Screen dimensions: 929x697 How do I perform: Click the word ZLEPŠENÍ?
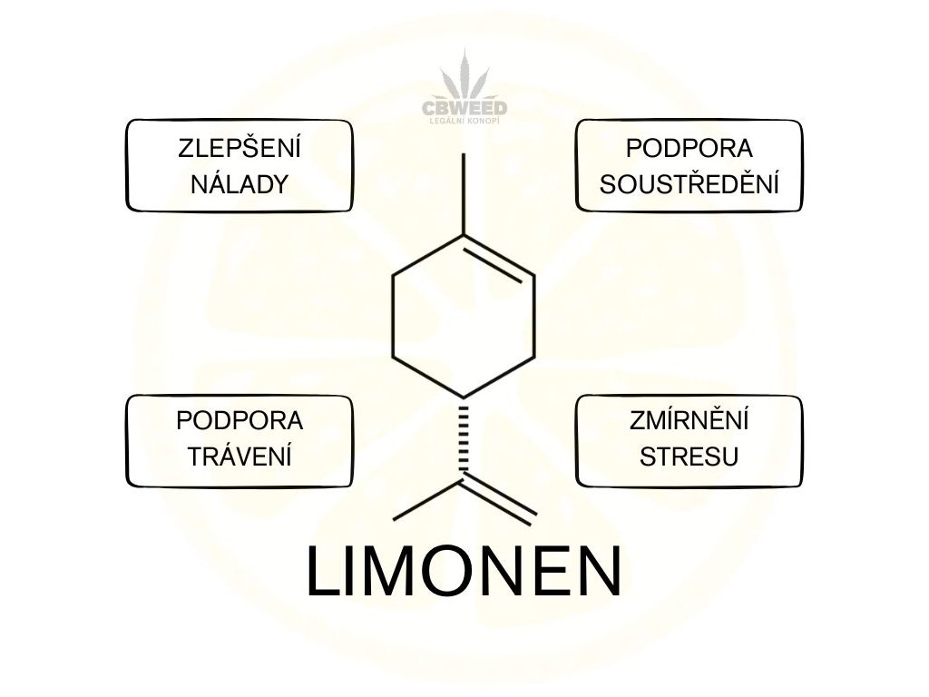pyautogui.click(x=240, y=148)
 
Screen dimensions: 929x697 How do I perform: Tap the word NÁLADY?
pyautogui.click(x=240, y=184)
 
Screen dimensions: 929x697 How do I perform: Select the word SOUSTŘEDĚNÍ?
pyautogui.click(x=690, y=184)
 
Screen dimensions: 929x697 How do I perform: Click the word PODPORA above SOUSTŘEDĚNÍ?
pyautogui.click(x=690, y=148)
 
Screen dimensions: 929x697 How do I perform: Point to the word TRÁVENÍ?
pyautogui.click(x=240, y=456)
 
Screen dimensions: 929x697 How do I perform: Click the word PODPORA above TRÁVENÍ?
pyautogui.click(x=240, y=421)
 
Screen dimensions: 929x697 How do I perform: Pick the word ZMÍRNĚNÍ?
pyautogui.click(x=690, y=421)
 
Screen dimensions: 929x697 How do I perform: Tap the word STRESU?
pyautogui.click(x=690, y=456)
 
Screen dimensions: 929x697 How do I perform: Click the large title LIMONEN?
pyautogui.click(x=464, y=572)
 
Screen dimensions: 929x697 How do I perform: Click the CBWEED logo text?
pyautogui.click(x=464, y=108)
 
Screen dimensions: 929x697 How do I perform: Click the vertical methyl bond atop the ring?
pyautogui.click(x=464, y=193)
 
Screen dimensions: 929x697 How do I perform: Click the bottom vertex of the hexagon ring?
pyautogui.click(x=464, y=398)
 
